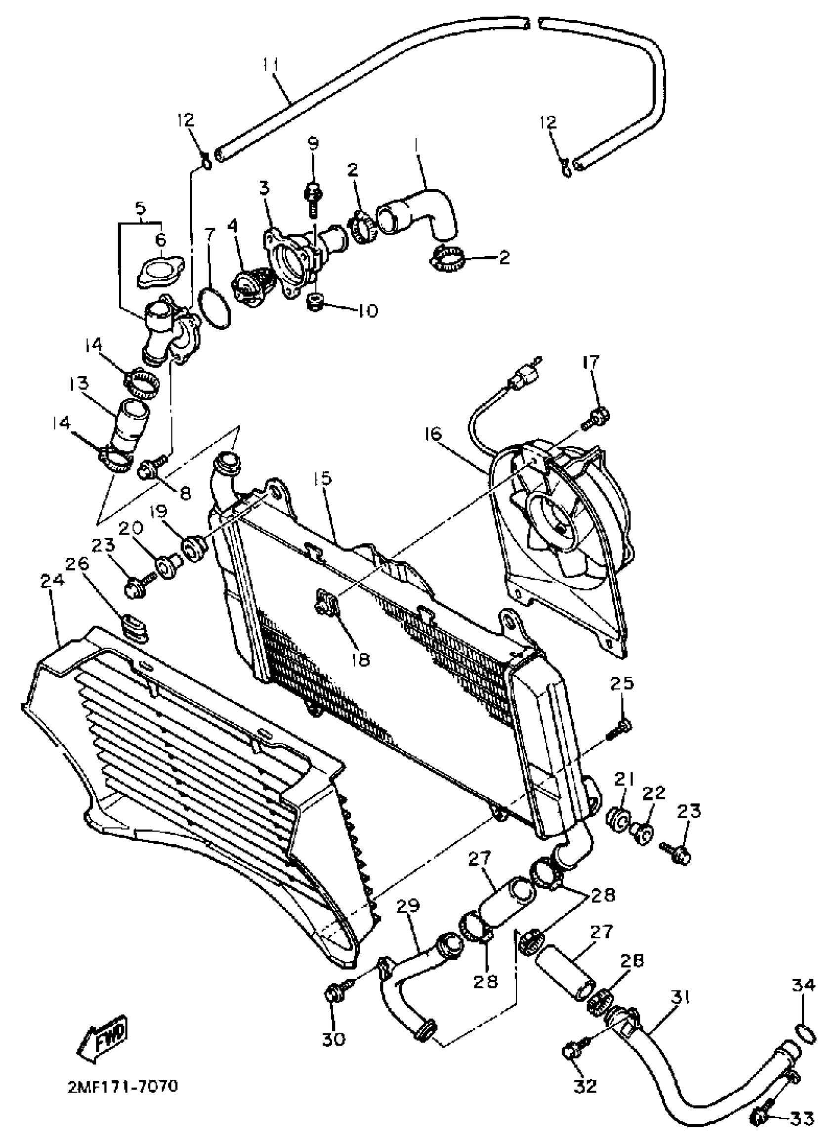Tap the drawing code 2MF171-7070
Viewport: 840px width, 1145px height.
click(123, 1087)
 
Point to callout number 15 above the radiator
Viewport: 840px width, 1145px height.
click(322, 478)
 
